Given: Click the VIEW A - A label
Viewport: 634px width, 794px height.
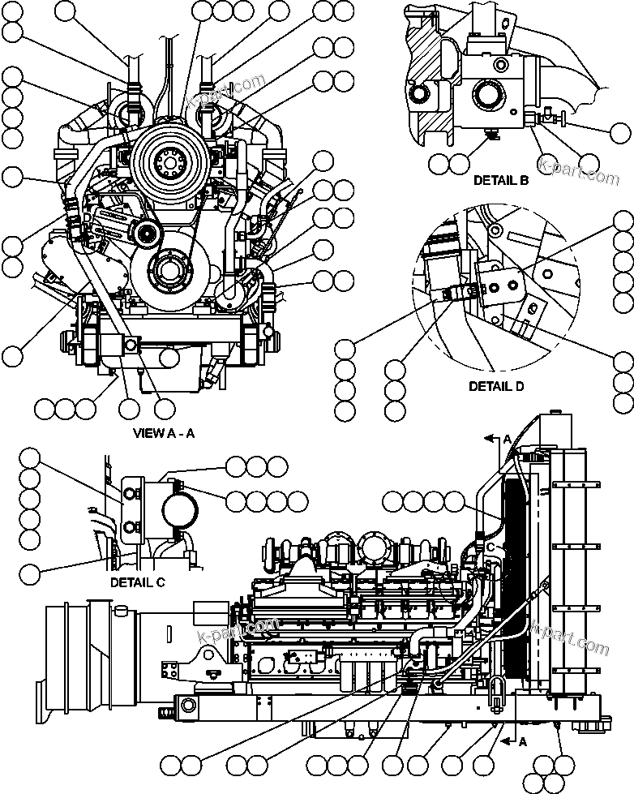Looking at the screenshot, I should point(163,432).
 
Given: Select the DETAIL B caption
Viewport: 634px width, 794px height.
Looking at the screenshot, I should point(501,180).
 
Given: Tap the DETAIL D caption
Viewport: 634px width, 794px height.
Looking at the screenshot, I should point(496,386).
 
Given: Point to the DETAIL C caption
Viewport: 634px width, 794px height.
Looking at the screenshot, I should point(137,582).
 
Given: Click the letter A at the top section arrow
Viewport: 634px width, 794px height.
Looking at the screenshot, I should point(507,438).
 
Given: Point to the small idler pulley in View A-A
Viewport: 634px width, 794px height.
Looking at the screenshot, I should point(147,235).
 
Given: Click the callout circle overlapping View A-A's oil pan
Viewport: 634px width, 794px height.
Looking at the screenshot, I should point(169,356).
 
